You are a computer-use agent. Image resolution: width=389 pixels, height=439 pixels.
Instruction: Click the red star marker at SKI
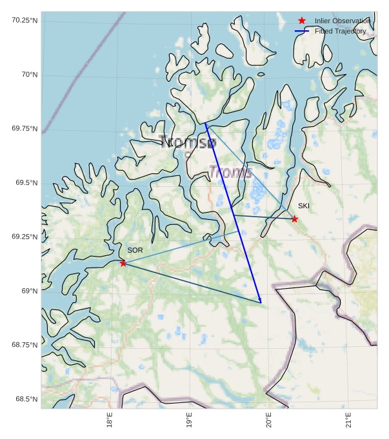294,219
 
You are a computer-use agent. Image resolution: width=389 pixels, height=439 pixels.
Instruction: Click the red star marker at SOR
123,263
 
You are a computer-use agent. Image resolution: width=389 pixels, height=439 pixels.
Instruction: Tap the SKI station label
304,206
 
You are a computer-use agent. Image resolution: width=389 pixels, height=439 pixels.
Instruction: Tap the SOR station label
135,250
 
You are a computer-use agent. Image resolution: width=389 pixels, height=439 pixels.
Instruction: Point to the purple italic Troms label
230,172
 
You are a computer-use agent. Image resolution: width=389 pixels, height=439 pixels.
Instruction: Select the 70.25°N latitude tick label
25,21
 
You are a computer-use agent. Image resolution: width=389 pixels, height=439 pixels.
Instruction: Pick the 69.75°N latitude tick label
25,129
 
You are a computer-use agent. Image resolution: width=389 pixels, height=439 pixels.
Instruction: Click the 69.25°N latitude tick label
25,237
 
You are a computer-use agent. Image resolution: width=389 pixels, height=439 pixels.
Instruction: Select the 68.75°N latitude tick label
25,346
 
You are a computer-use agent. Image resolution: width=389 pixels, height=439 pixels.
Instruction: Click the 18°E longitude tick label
110,420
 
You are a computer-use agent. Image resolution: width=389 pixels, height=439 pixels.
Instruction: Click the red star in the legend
301,21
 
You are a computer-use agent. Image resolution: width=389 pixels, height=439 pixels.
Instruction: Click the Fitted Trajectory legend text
340,31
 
